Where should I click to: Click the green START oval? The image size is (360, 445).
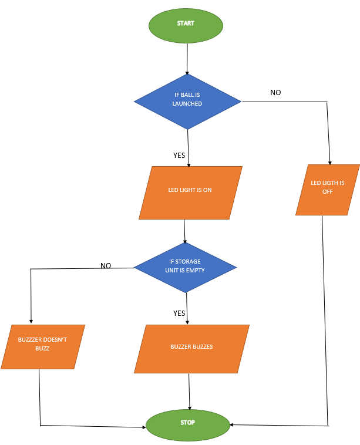coord(186,24)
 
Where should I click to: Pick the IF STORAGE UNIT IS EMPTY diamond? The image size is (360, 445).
coord(186,267)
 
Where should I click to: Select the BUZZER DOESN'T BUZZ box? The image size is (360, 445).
coord(42,346)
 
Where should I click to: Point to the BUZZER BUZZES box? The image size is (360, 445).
coord(191,348)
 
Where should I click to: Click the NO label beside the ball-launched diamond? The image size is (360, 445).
coord(275,93)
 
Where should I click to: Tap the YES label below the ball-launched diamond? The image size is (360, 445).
coord(179,156)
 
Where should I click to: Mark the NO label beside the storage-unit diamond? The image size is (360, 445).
coord(106,265)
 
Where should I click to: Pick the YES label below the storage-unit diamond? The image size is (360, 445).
coord(179,313)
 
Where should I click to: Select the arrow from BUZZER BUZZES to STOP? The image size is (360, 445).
coord(189,391)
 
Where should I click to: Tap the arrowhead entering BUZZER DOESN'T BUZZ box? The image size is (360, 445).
coord(31,321)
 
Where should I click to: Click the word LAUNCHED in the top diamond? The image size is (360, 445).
coord(187,104)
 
